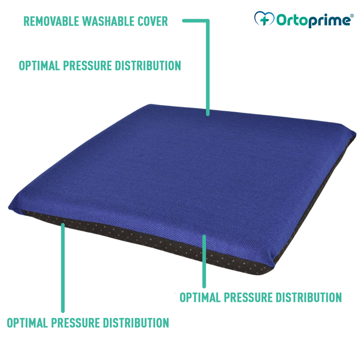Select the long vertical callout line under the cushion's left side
[x=63, y=267]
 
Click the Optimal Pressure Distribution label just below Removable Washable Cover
[x=100, y=66]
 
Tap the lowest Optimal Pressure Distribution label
[x=88, y=323]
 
